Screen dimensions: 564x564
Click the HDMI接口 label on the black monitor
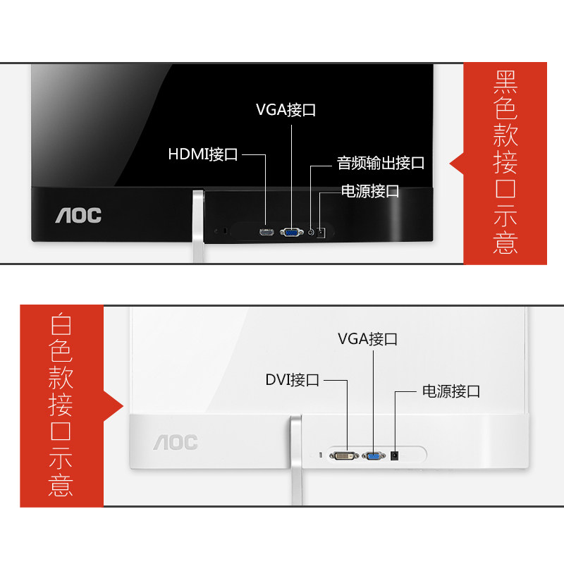203,154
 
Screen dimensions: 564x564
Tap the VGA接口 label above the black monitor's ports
286,110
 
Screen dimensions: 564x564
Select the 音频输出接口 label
381,164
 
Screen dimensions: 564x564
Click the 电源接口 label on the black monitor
370,190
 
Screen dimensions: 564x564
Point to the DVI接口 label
292,380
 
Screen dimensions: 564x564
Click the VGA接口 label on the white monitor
367,338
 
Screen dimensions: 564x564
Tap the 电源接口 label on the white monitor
451,391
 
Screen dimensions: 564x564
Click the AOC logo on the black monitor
78,215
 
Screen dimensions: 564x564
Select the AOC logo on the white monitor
176,443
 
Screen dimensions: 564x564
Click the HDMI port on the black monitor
266,232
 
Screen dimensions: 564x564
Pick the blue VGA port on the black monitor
290,231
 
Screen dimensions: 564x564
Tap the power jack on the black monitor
321,232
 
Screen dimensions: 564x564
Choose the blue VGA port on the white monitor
374,456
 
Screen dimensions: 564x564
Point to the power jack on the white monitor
396,456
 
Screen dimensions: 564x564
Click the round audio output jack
310,231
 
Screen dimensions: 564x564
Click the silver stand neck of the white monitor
295,458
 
